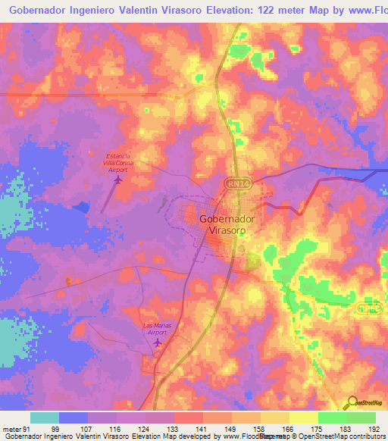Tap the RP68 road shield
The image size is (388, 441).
coord(368,308)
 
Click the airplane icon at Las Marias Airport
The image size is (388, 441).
coord(158,343)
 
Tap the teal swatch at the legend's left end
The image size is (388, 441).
coord(45,418)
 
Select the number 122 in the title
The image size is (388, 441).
coord(237,11)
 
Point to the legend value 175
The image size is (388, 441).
coord(317,428)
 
